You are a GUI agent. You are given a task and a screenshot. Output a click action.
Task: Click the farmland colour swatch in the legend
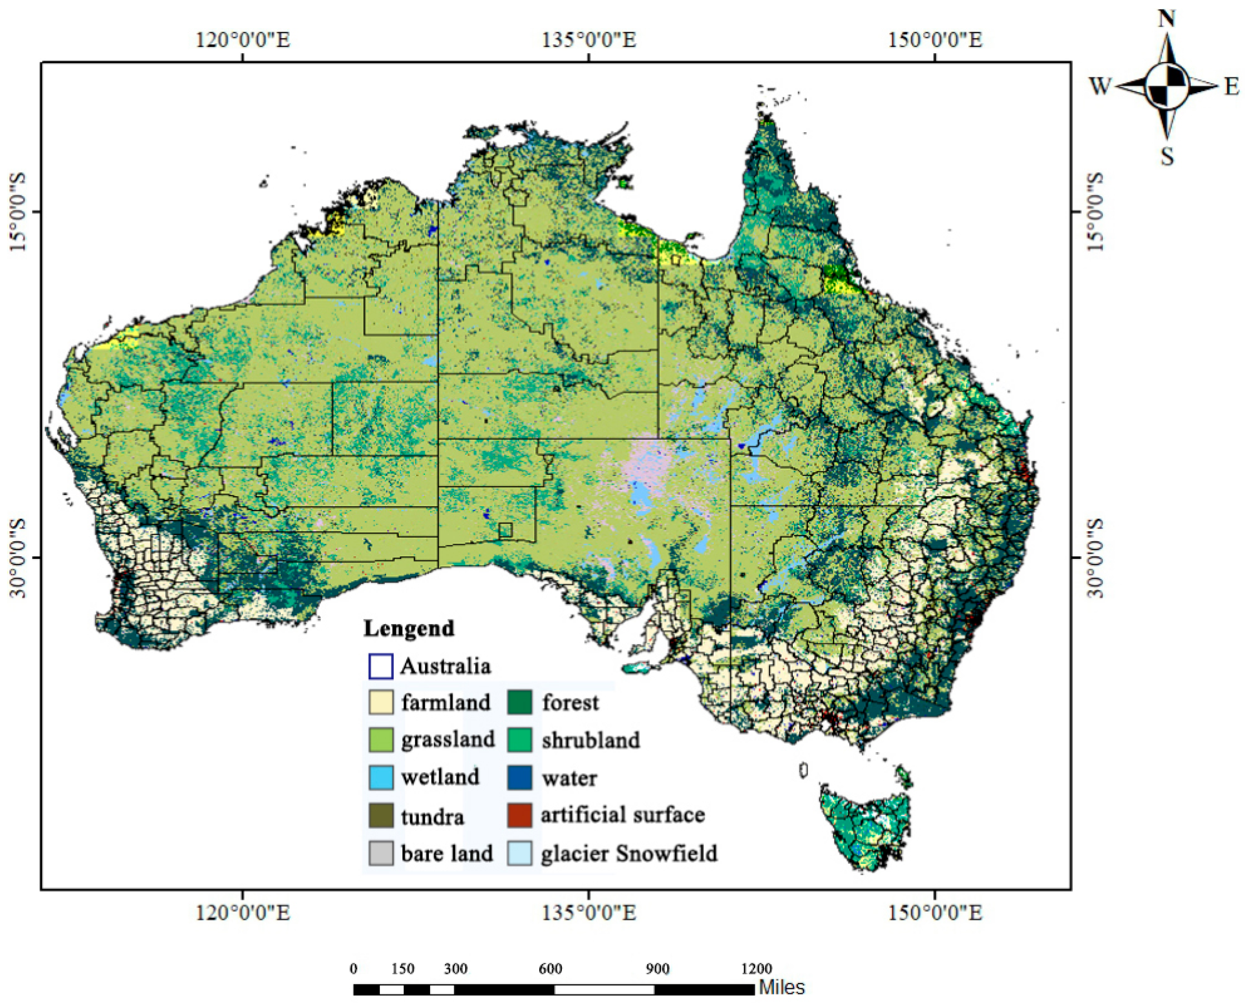381,703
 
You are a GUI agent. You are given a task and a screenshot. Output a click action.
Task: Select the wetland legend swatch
381,777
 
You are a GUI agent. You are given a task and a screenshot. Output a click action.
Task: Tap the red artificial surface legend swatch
519,815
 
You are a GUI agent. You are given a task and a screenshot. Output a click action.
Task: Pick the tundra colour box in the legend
381,815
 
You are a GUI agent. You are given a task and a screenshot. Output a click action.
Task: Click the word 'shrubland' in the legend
591,740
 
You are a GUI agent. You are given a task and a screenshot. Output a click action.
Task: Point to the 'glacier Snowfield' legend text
628,853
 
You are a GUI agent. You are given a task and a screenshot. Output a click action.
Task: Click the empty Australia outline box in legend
381,666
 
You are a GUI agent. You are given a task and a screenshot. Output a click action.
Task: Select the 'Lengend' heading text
409,628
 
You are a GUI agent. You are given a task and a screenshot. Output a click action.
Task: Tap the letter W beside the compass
1100,87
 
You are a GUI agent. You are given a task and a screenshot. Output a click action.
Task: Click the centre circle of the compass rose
1166,86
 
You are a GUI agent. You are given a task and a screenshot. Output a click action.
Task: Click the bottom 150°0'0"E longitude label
935,913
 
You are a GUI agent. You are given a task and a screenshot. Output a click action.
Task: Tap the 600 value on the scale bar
550,969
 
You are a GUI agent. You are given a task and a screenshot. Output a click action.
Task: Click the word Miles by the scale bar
781,987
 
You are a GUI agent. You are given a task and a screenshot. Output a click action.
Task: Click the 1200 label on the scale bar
756,969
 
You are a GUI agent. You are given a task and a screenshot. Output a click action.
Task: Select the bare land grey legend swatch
381,853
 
